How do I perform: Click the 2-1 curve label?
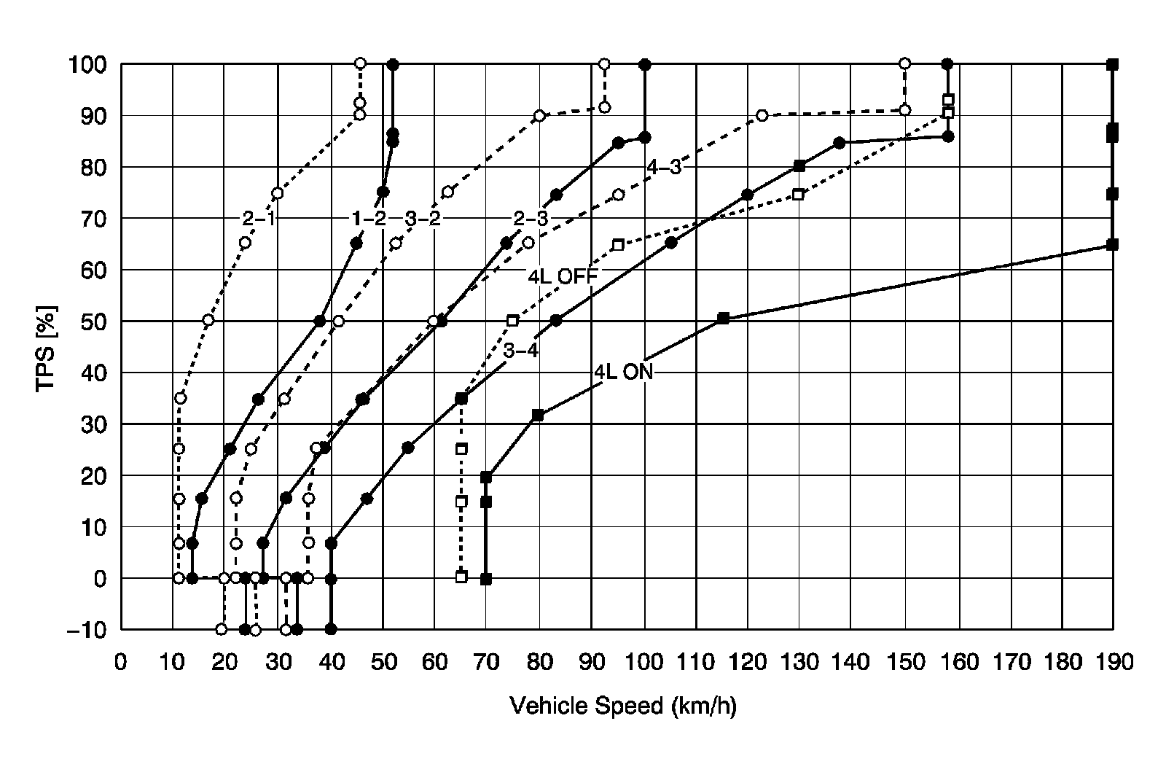[258, 218]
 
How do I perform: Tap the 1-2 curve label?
[369, 218]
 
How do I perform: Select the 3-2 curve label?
[423, 218]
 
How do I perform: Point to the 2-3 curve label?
[531, 218]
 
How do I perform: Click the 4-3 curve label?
[664, 168]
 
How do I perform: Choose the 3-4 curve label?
[521, 351]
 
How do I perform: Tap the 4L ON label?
[624, 371]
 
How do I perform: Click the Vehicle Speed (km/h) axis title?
[623, 706]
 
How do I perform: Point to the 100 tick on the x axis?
[644, 662]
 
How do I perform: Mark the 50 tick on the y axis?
[93, 321]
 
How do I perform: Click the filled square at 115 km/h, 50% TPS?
[723, 319]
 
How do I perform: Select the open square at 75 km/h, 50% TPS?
[512, 321]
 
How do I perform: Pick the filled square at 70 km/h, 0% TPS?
[486, 579]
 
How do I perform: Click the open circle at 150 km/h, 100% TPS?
[904, 63]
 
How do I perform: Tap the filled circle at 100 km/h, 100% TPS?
[645, 64]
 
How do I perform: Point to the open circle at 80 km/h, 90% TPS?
[539, 115]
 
